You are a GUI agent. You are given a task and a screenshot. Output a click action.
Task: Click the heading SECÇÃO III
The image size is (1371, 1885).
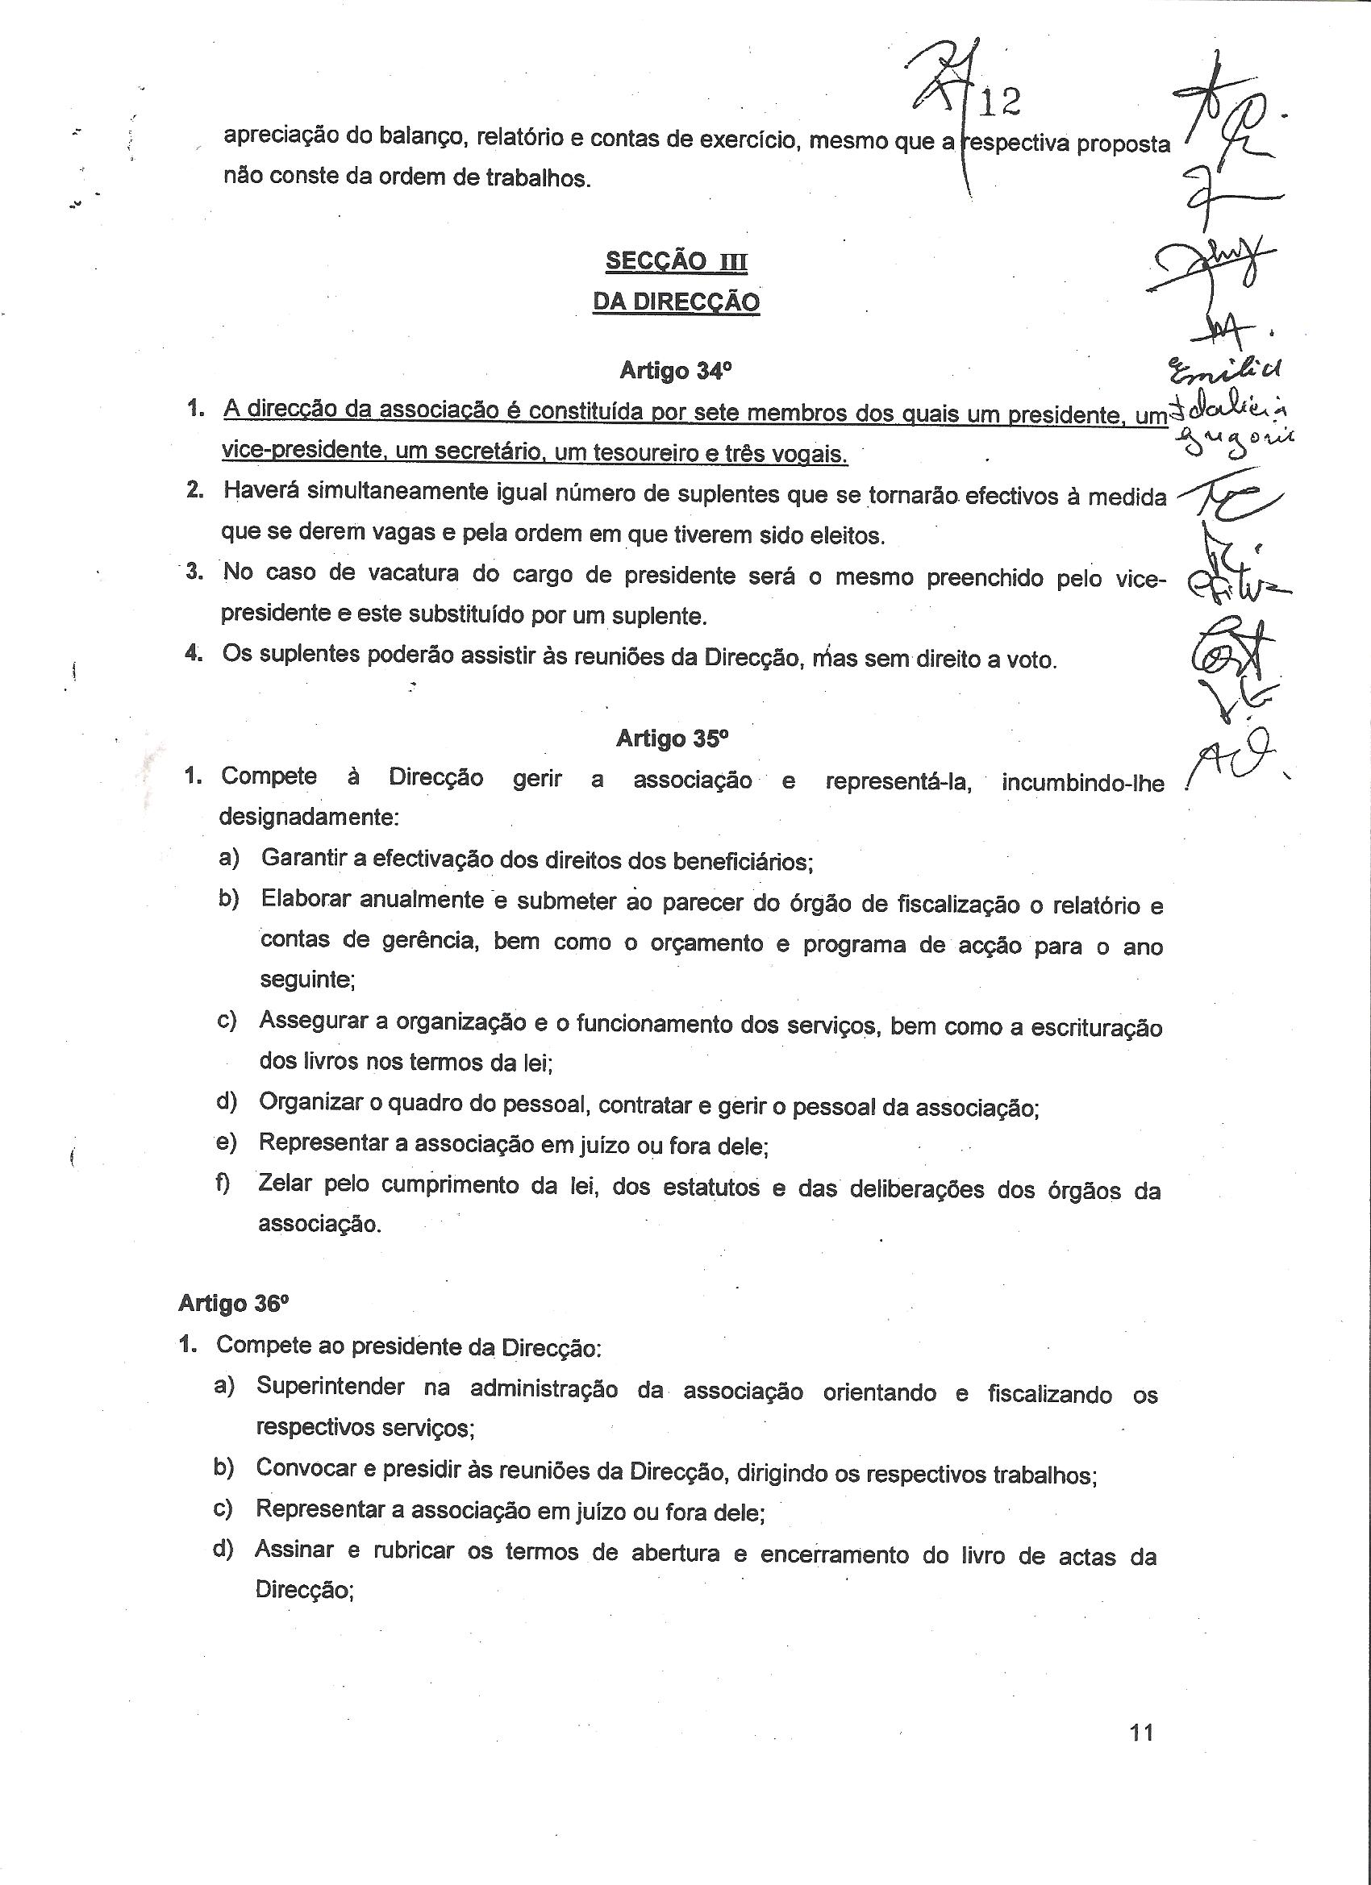[676, 262]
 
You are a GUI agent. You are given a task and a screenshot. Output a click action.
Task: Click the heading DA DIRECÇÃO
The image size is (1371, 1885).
[676, 302]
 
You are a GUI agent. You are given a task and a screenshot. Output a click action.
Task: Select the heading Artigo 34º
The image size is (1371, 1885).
[674, 371]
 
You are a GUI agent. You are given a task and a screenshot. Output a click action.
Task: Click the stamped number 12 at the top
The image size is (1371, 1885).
[1000, 103]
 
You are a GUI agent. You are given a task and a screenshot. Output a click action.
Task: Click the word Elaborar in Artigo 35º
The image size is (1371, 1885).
[303, 899]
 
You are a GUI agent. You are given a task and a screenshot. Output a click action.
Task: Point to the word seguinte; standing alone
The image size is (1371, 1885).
[307, 980]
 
